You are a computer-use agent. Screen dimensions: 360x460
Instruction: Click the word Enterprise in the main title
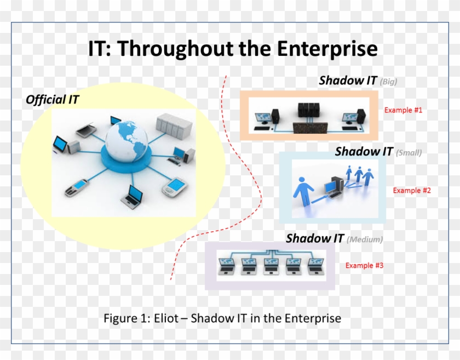coord(327,49)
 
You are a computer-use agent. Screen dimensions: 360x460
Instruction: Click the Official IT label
coord(53,100)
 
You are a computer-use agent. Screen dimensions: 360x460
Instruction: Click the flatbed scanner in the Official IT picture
coord(86,130)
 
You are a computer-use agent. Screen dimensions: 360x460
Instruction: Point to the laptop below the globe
coord(133,196)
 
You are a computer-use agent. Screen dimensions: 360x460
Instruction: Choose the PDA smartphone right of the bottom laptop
coord(175,187)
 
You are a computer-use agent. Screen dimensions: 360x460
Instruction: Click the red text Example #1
coord(403,110)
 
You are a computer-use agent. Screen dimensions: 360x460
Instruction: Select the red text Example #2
coord(412,191)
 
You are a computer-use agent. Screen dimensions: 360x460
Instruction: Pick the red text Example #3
coord(364,266)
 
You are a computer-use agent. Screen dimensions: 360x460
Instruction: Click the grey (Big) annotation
coord(388,82)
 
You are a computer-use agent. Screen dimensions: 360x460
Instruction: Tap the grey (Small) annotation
coord(409,153)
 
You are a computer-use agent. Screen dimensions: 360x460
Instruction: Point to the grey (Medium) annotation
coord(365,239)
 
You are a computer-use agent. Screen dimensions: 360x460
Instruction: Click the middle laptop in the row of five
coord(272,266)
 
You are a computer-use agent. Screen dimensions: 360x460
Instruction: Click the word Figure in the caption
coord(119,318)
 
